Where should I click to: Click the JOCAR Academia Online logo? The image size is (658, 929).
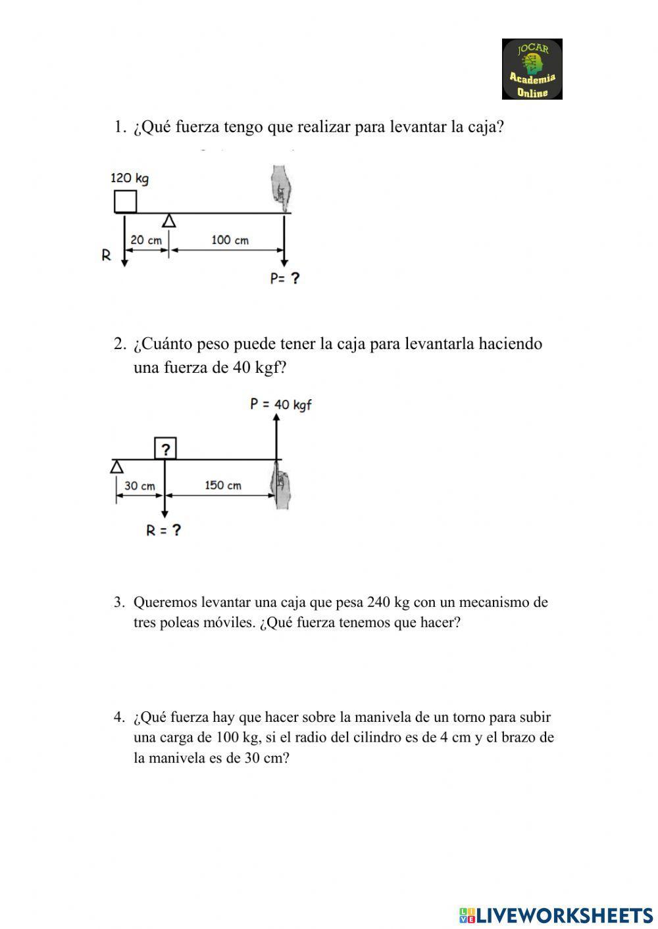point(532,69)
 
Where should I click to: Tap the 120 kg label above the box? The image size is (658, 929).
point(129,178)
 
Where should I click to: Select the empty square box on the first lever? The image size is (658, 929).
point(125,201)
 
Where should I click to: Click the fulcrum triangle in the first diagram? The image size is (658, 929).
point(169,221)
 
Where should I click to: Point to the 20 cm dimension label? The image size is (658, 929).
point(145,241)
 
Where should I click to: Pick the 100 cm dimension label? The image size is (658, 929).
point(230,241)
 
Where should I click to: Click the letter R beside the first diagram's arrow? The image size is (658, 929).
point(106,255)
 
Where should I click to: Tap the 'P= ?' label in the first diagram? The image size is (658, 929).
point(284,279)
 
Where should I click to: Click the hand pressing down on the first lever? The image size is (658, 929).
point(281,188)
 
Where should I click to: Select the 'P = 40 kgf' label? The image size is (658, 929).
point(280,404)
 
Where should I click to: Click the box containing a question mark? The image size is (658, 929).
point(165,449)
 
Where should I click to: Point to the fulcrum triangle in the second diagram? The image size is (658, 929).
point(116,467)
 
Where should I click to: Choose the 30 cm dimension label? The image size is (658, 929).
point(139,486)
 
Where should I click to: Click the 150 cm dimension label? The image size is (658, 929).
point(222,486)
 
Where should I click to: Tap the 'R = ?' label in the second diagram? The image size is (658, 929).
point(163,531)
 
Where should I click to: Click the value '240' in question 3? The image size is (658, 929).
point(379,602)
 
